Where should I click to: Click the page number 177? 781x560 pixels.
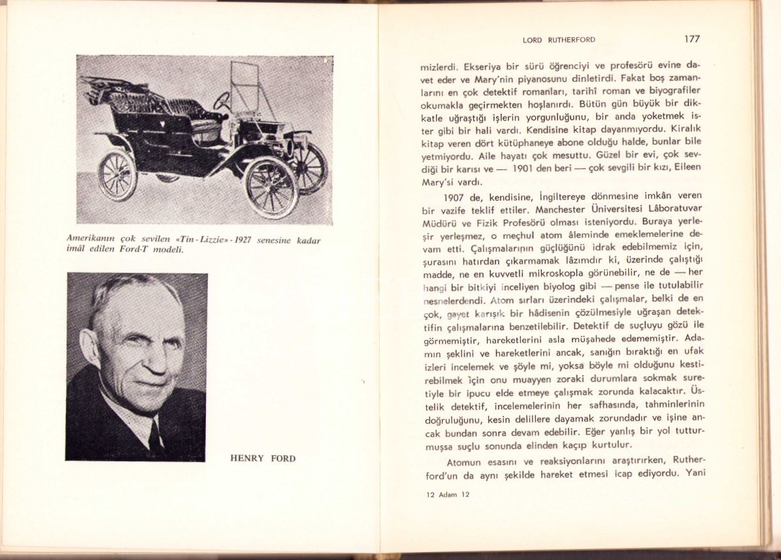pyautogui.click(x=691, y=39)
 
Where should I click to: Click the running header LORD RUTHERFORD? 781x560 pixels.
pyautogui.click(x=559, y=40)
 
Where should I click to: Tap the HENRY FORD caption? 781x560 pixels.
pyautogui.click(x=263, y=458)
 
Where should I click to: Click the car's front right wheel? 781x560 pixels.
pyautogui.click(x=271, y=186)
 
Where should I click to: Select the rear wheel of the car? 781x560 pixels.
pyautogui.click(x=118, y=174)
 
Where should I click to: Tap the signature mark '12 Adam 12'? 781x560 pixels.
pyautogui.click(x=448, y=495)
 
